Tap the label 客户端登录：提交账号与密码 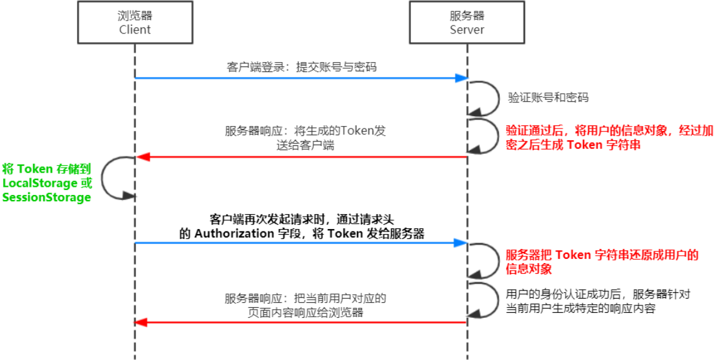point(302,67)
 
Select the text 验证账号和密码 point(548,97)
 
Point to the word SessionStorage point(47,197)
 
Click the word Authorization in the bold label point(234,233)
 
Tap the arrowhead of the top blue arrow point(461,78)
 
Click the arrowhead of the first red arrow point(142,157)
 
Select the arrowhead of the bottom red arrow point(142,322)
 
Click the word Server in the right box point(467,30)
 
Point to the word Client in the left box point(134,30)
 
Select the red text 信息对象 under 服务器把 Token point(529,269)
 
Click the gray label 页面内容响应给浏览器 point(305,312)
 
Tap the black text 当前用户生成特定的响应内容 point(581,308)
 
